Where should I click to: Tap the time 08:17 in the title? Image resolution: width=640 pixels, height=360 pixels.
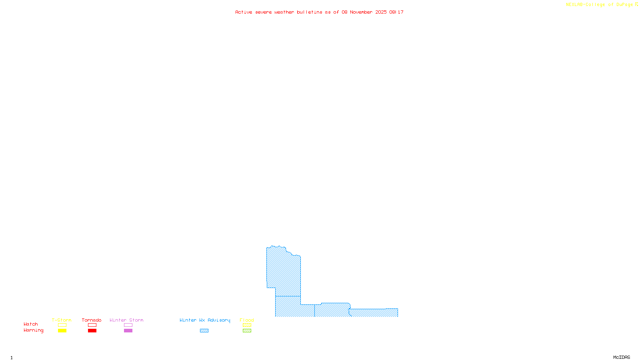396,12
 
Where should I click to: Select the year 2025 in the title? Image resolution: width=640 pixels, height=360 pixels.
381,12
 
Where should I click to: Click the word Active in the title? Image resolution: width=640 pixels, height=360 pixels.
244,12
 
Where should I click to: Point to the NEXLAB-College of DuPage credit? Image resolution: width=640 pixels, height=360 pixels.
599,4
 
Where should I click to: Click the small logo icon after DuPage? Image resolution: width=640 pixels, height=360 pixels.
636,4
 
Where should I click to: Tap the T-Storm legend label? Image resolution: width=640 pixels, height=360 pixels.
62,320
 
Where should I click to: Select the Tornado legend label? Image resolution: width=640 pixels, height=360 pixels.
92,320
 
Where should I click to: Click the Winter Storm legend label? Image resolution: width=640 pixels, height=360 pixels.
126,320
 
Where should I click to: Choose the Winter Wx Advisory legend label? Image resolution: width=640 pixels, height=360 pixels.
205,320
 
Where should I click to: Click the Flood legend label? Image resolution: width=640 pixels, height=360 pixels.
247,320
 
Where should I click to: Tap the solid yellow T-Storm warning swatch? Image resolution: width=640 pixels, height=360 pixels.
62,331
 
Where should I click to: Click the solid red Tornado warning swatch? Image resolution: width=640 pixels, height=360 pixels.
92,331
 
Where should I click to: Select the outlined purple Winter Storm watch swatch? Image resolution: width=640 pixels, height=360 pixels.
128,325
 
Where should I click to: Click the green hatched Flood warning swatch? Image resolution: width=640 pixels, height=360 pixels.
247,331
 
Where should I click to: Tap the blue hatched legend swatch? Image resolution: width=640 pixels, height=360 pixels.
204,331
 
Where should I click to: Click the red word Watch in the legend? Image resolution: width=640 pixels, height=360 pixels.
31,324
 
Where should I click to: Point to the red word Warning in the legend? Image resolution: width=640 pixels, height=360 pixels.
34,330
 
